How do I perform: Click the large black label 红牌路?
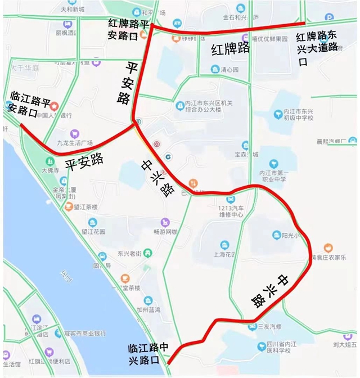[230, 48]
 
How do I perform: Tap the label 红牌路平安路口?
[129, 29]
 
